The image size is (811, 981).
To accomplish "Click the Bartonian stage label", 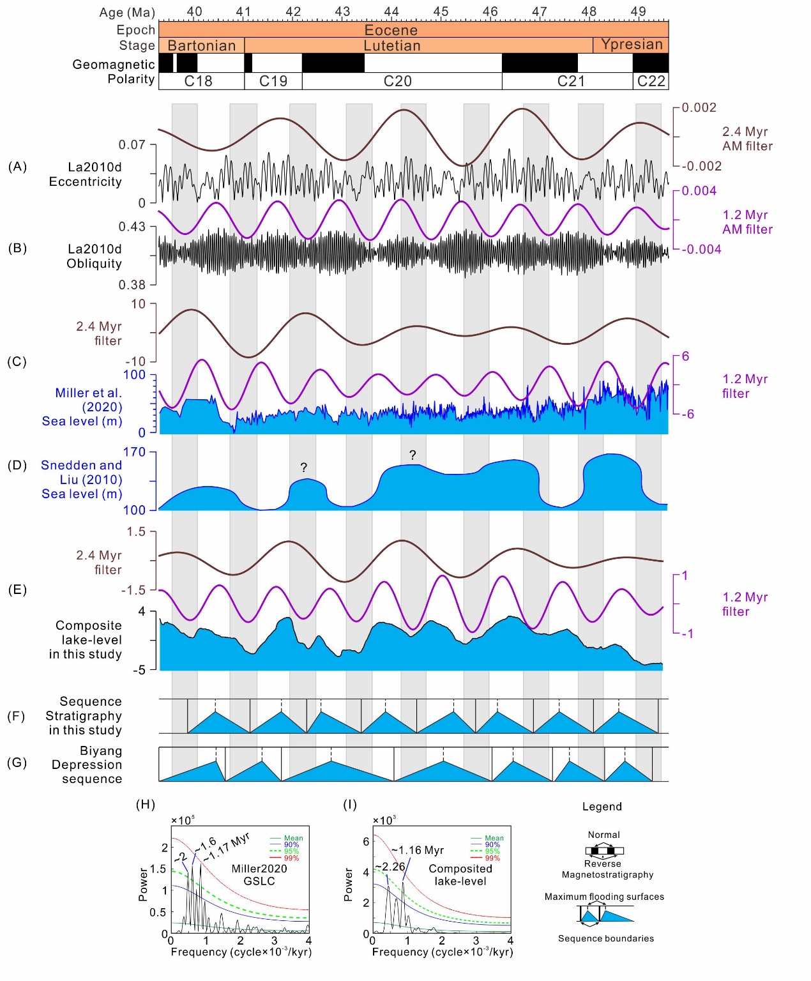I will [202, 45].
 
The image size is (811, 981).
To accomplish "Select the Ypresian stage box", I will [632, 44].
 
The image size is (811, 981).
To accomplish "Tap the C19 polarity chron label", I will [273, 81].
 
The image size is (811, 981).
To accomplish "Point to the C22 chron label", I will [651, 81].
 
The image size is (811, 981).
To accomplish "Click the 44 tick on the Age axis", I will [391, 11].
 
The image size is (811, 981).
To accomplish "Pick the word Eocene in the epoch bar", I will [391, 29].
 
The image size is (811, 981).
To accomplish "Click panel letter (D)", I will [17, 465].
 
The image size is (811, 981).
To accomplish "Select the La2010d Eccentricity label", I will [86, 174].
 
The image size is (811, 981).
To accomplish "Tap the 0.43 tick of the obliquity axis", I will [132, 227].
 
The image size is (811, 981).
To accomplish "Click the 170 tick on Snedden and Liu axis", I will [134, 452].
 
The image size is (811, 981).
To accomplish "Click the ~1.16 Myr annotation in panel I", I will [418, 850].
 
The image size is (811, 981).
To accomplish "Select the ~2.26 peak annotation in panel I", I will [390, 867].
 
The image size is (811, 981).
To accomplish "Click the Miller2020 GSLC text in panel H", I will [259, 875].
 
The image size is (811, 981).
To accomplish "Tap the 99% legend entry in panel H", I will [291, 858].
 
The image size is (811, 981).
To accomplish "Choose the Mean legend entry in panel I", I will [494, 838].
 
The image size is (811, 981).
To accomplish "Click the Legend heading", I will [602, 807].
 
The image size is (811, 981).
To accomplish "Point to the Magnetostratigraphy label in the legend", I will [607, 874].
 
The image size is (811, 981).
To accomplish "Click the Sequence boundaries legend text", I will [606, 938].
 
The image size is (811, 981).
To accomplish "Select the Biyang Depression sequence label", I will [87, 764].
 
